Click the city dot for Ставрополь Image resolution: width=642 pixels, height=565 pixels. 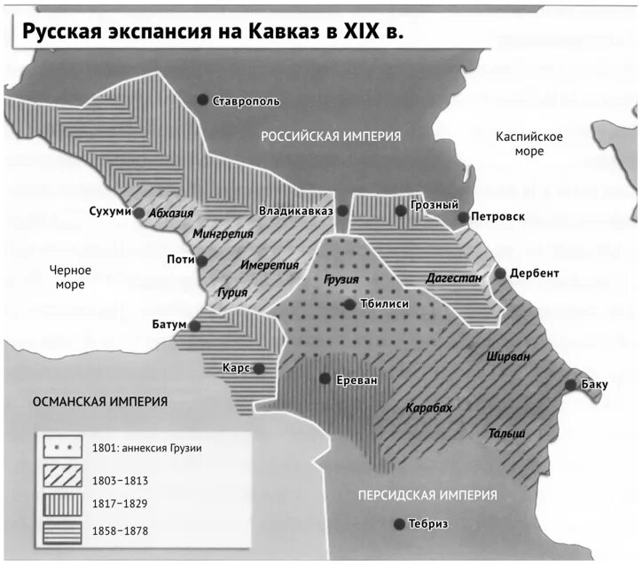(x=204, y=99)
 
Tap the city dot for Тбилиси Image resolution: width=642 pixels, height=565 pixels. (x=350, y=304)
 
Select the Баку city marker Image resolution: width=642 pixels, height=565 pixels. (x=571, y=384)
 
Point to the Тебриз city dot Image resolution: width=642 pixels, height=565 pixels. (x=399, y=523)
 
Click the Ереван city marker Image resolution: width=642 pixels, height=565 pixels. (x=325, y=379)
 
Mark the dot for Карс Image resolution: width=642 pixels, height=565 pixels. (x=258, y=368)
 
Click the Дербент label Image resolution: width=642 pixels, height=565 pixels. (x=535, y=273)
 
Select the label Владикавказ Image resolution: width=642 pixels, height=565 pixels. (x=295, y=211)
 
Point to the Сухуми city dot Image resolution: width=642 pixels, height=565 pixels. (x=139, y=212)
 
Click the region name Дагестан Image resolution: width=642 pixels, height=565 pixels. (x=453, y=278)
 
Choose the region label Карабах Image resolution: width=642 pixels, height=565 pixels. (x=428, y=408)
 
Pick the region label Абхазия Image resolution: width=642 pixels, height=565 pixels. (x=171, y=213)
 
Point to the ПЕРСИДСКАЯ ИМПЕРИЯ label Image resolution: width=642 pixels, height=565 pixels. (x=427, y=495)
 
